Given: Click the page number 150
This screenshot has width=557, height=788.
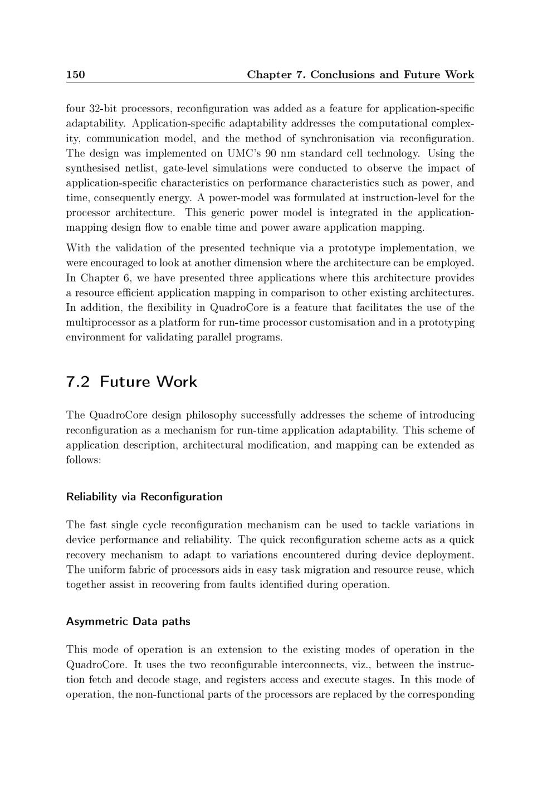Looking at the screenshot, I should click(75, 75).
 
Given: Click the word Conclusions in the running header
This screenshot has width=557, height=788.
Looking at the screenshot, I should click(342, 75).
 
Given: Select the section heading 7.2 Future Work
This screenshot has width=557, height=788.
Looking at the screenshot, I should click(131, 382).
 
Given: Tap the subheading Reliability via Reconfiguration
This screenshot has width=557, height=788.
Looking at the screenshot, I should click(144, 497).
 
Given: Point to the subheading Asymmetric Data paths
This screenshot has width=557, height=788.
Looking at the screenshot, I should click(128, 621).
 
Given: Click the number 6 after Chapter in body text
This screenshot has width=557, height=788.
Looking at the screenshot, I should click(126, 278).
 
